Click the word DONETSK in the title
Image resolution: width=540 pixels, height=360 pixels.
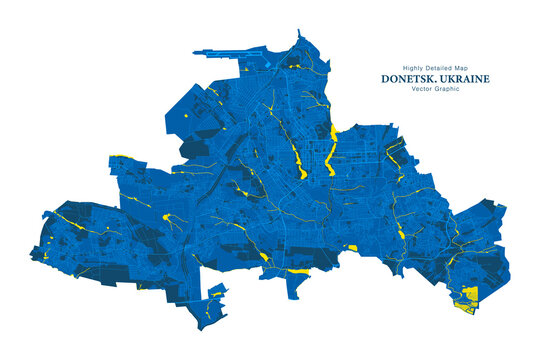pos(408,78)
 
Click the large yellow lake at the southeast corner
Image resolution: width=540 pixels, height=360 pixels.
pos(468,297)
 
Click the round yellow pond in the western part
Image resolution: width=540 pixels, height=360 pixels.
pos(166,214)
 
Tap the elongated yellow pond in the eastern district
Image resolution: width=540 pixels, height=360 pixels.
pos(400,232)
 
